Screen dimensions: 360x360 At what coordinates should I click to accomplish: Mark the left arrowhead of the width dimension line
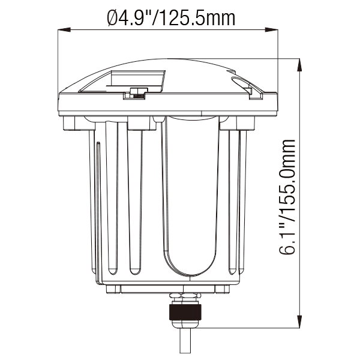tap(62, 29)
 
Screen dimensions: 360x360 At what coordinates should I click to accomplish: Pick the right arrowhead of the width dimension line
tap(272, 29)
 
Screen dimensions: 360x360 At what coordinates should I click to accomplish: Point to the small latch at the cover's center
tap(137, 94)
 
